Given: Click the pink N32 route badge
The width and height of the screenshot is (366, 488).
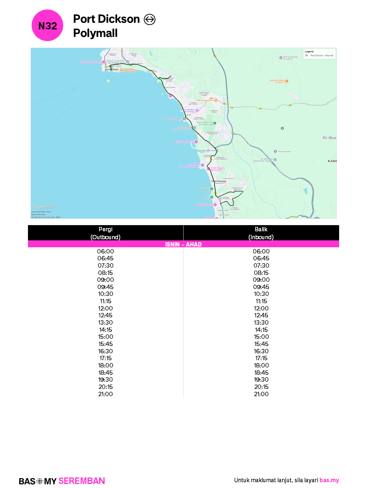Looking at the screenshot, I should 48,25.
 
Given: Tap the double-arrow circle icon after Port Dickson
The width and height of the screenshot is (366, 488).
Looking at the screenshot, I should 150,19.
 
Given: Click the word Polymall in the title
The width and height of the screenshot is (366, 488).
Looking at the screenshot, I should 95,33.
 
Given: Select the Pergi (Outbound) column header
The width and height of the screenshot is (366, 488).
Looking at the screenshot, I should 105,233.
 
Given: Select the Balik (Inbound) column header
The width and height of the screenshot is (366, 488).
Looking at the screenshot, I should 261,233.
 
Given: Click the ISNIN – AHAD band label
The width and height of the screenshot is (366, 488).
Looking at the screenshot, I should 183,244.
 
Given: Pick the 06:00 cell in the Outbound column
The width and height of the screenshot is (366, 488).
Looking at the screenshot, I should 105,251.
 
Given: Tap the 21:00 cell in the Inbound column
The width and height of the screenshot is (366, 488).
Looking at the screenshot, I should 261,394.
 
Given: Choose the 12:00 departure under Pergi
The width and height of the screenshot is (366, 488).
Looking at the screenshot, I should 105,308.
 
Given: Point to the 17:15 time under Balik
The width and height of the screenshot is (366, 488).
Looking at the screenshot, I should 261,358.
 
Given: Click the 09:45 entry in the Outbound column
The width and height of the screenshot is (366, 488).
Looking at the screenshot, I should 105,287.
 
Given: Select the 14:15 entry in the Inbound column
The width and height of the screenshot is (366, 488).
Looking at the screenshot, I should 261,330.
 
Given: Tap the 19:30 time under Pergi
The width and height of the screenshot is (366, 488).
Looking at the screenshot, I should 105,379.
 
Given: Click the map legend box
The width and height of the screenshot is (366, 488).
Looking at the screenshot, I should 320,54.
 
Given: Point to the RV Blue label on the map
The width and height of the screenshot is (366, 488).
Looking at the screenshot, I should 329,138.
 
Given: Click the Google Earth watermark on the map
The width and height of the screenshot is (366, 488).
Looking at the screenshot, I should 44,207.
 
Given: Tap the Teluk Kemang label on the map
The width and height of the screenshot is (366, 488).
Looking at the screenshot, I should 219,181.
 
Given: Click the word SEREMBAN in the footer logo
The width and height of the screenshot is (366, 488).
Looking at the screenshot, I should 82,481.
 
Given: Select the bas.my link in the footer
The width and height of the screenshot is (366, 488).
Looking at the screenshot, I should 329,480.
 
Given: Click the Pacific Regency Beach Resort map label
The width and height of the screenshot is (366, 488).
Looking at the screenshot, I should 217,169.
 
